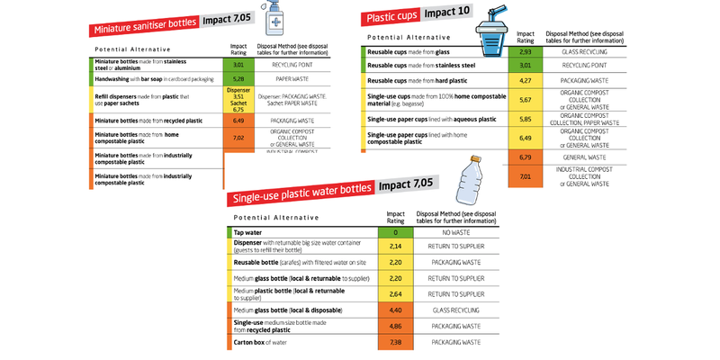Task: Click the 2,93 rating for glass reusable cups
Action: (x=526, y=52)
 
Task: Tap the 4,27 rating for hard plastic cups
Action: (x=526, y=81)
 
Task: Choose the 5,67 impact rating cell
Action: (x=526, y=100)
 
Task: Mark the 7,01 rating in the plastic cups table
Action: (x=526, y=177)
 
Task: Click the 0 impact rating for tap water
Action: (x=394, y=232)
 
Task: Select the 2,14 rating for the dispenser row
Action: (x=394, y=245)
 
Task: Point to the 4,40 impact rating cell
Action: (x=394, y=310)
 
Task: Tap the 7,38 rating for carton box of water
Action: (x=394, y=343)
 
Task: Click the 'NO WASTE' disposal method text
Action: (x=460, y=232)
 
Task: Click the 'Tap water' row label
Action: (x=248, y=232)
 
